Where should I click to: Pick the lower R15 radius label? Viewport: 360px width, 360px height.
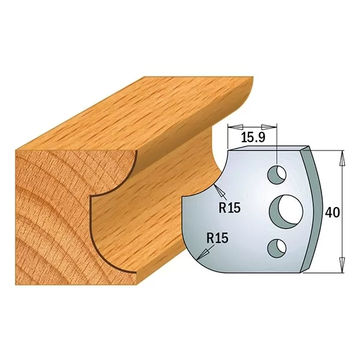coord(217,238)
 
